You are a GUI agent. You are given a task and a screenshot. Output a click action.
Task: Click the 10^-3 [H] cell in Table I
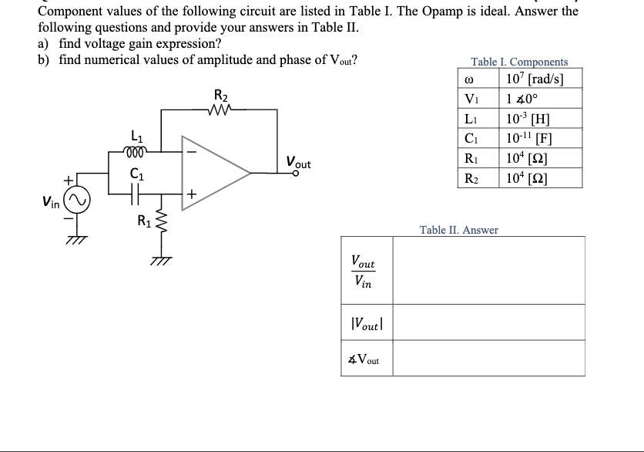(x=539, y=120)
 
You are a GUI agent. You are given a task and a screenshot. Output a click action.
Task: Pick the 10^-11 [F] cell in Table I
(x=539, y=141)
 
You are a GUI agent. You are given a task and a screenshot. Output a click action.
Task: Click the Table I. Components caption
(x=519, y=62)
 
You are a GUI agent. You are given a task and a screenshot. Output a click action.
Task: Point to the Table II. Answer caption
(x=458, y=230)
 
